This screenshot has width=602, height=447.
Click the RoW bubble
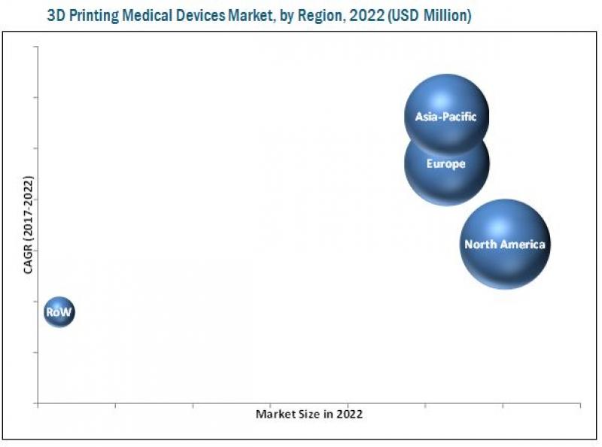(x=59, y=311)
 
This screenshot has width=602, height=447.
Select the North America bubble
(x=504, y=243)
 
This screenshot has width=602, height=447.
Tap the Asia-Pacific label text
(x=445, y=117)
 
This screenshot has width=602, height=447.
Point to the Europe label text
(x=445, y=163)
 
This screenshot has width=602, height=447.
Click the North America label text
(x=504, y=244)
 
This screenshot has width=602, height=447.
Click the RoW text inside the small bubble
(x=59, y=312)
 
